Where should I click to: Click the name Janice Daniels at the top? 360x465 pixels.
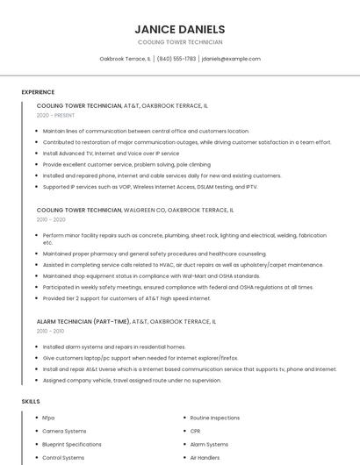click(179, 29)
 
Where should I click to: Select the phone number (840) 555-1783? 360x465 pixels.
click(176, 59)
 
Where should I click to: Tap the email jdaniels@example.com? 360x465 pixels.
click(231, 59)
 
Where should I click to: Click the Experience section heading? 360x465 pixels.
click(38, 92)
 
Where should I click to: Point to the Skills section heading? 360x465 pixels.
click(31, 401)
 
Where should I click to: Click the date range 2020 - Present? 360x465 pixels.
click(55, 115)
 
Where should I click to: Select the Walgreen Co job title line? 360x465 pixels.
click(135, 211)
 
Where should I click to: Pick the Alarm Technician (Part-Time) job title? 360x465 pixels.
click(126, 322)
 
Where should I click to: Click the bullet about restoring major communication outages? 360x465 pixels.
click(186, 142)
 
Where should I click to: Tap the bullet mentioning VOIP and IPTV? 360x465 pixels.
click(149, 187)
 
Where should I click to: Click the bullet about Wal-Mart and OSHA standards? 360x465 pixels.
click(151, 275)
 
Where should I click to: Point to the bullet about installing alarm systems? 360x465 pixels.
click(114, 347)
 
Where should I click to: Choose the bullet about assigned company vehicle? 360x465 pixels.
click(132, 381)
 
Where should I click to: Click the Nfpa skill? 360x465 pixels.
click(48, 418)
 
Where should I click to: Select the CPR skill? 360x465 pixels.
click(196, 431)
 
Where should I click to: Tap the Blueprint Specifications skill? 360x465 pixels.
click(72, 444)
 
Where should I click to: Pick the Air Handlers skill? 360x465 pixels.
click(205, 457)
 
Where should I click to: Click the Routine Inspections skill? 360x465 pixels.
click(214, 418)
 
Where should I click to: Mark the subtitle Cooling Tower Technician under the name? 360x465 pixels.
click(179, 42)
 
